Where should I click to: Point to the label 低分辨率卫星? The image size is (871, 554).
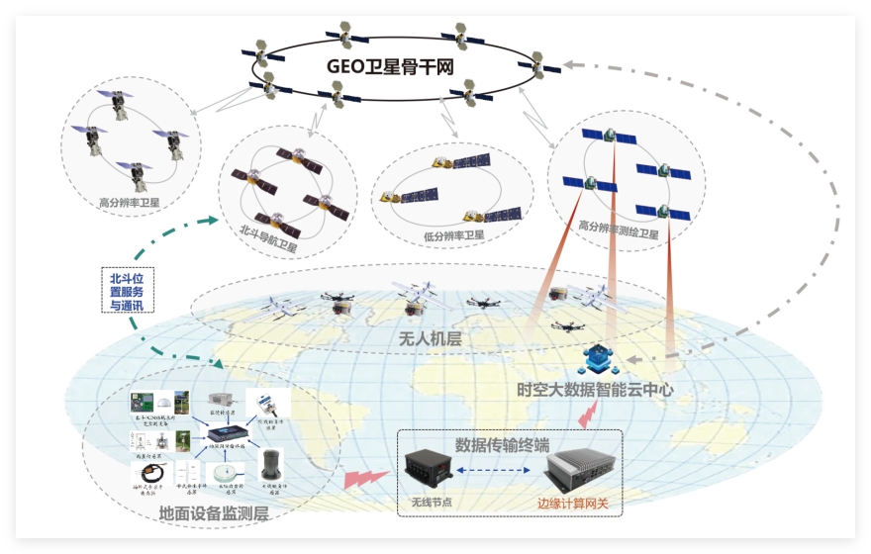[454, 235]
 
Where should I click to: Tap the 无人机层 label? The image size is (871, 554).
[430, 338]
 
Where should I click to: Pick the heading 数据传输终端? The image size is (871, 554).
[502, 444]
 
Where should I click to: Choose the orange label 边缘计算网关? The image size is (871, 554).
[573, 504]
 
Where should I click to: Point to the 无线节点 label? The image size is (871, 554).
[432, 504]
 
